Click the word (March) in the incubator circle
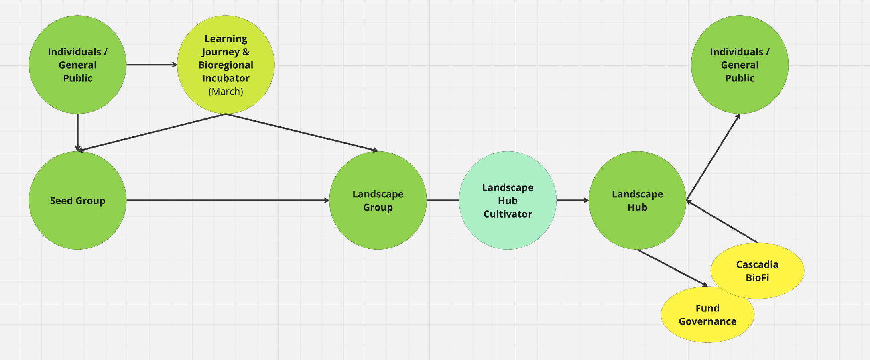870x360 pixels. click(226, 92)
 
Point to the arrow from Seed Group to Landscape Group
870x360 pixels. click(228, 200)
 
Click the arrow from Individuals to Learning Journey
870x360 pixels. click(151, 65)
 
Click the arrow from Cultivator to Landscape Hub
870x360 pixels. click(572, 200)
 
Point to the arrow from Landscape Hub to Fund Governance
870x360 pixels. click(672, 268)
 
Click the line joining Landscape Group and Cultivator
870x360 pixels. click(443, 200)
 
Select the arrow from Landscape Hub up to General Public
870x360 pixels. click(713, 157)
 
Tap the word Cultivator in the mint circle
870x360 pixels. click(508, 214)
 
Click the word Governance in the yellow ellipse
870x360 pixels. click(707, 321)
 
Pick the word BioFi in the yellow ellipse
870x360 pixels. click(757, 278)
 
